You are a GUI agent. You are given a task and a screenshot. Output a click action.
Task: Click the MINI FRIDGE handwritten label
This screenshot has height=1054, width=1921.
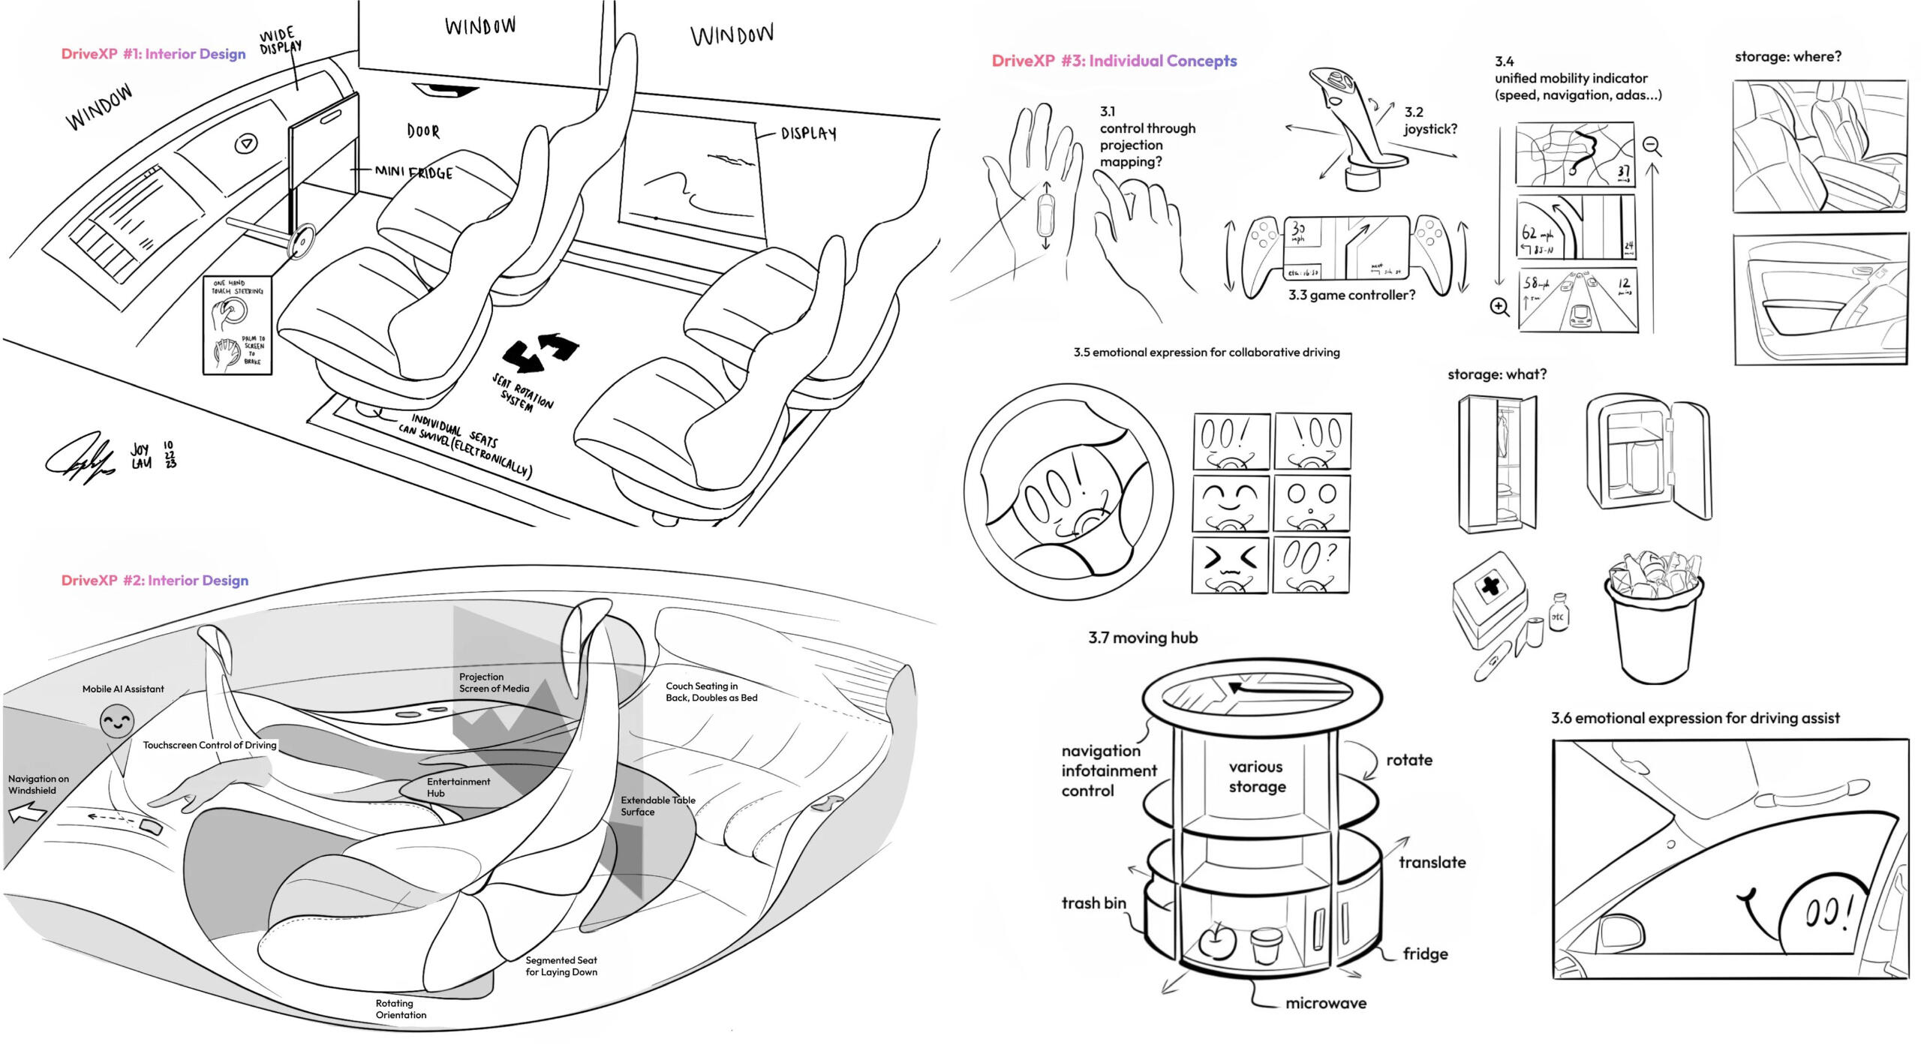click(x=414, y=173)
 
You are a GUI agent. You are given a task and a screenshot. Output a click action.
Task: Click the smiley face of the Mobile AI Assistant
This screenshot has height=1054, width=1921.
click(x=117, y=722)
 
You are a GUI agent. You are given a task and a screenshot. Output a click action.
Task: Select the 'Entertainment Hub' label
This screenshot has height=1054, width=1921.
click(x=458, y=787)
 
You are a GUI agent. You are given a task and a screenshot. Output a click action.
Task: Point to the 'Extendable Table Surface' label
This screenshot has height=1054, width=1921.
click(x=657, y=806)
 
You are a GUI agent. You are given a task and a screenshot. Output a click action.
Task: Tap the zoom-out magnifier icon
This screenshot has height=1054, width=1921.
click(x=1652, y=146)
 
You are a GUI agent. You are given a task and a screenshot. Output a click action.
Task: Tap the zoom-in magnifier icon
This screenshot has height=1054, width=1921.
click(x=1499, y=307)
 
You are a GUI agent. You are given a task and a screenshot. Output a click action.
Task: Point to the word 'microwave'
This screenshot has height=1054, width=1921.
click(x=1325, y=1003)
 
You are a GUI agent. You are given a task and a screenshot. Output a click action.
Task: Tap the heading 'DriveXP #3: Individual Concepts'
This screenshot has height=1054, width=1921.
click(x=1114, y=61)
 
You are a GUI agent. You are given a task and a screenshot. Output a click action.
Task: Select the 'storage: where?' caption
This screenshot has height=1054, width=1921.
click(x=1787, y=56)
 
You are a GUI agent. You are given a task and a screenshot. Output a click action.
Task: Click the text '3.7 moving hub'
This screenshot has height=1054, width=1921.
click(x=1142, y=638)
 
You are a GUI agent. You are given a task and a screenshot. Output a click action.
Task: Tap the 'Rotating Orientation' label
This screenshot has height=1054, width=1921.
click(x=401, y=1008)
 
